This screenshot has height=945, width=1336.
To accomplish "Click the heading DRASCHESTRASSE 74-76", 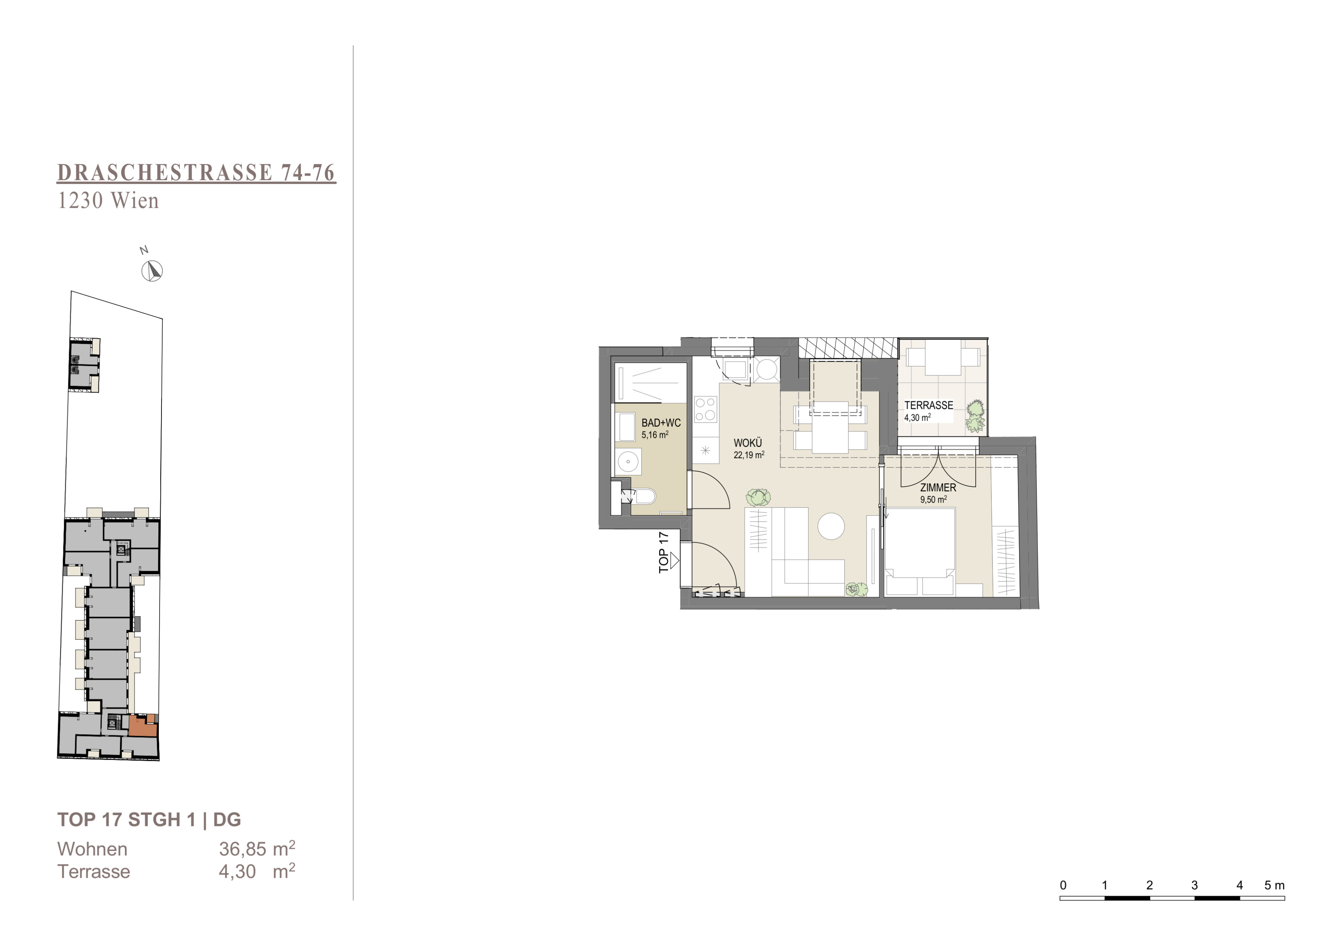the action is pos(196,173).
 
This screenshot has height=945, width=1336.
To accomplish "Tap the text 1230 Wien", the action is pos(108,201).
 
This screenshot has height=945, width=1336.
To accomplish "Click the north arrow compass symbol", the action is pos(152,271).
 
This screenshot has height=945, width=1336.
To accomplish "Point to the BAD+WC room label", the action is pos(661,423).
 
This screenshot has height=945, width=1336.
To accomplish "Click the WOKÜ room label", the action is pos(748,443).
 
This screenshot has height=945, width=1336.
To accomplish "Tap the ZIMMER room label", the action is pos(938,488).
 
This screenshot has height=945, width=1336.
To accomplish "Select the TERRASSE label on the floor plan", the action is pos(929,405).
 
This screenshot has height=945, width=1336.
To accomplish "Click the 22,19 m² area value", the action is pos(749,455).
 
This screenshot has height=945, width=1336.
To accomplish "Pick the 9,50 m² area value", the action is pos(933,499).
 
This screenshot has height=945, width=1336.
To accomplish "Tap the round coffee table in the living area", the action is pos(831,526).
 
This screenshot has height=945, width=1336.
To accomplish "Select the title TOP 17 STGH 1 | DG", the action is pos(149,819).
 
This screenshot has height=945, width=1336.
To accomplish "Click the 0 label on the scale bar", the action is pos(1063,885).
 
